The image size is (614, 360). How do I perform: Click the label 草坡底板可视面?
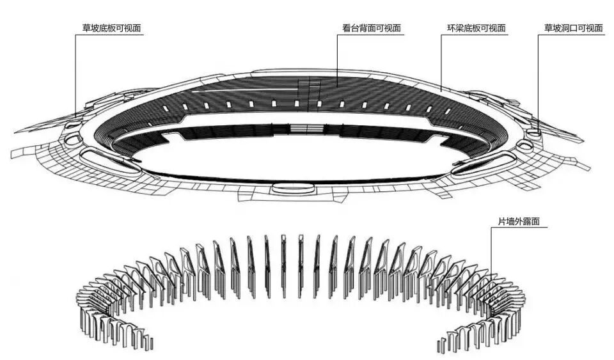click(111, 29)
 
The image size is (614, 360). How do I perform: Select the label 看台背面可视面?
click(371, 28)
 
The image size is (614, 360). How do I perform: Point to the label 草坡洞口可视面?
click(573, 28)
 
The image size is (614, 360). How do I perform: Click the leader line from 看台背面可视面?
click(337, 58)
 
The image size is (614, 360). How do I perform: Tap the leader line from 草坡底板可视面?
click(76, 77)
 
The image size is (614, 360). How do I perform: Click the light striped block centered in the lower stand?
click(299, 129)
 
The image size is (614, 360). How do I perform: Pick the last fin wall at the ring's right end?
click(441, 345)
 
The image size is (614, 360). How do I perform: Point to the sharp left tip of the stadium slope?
click(16, 131)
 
